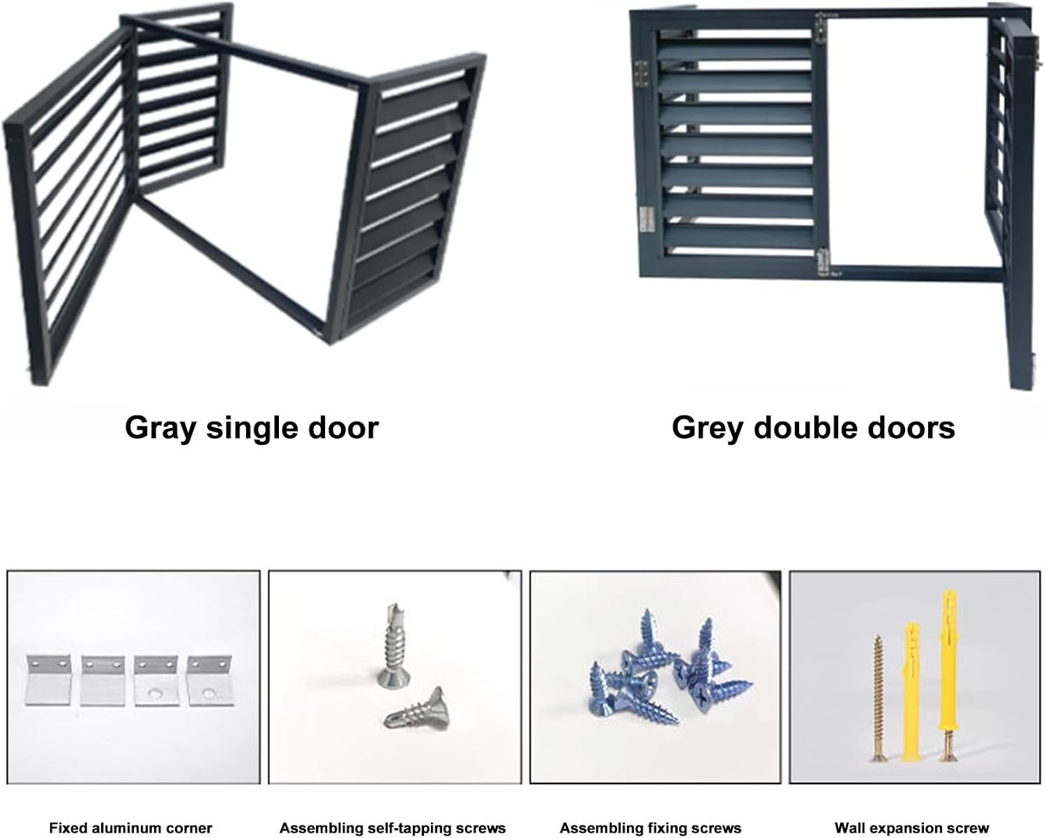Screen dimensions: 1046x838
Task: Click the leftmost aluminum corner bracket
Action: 48,680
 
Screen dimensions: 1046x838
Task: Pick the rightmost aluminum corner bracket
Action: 210,680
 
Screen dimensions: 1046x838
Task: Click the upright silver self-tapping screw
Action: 392,645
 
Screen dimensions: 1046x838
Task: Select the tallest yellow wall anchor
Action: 948,666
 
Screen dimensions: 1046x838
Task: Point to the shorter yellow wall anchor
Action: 911,690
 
